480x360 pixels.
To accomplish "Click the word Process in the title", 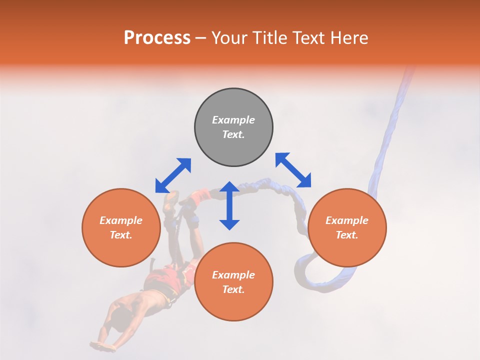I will [x=157, y=38].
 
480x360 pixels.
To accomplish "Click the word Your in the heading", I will [x=229, y=38].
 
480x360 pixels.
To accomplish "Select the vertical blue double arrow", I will [x=229, y=205].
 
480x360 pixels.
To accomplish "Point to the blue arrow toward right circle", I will [x=293, y=170].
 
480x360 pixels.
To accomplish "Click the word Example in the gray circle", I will [x=233, y=120].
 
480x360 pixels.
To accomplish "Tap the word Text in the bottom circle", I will [x=233, y=289].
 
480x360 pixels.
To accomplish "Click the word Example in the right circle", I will [x=347, y=220].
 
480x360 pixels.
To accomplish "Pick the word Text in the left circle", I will [x=121, y=235].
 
